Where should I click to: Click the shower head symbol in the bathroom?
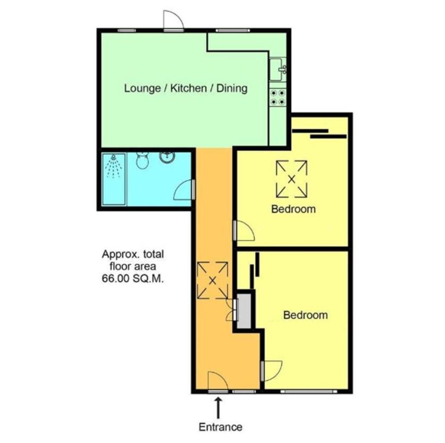113,166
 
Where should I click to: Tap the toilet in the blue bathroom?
141,160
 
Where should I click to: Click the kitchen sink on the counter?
278,70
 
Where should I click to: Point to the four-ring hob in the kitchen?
278,97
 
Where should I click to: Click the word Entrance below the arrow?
221,427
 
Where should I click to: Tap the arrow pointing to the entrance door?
218,408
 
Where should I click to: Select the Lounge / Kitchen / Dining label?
186,88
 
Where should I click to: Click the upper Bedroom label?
293,209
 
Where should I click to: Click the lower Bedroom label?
306,315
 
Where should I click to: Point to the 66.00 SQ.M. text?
133,279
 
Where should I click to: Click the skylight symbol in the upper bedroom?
291,179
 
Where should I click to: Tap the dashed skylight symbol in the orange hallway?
213,280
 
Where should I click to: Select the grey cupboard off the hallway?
244,311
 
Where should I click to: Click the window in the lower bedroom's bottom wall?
309,391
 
